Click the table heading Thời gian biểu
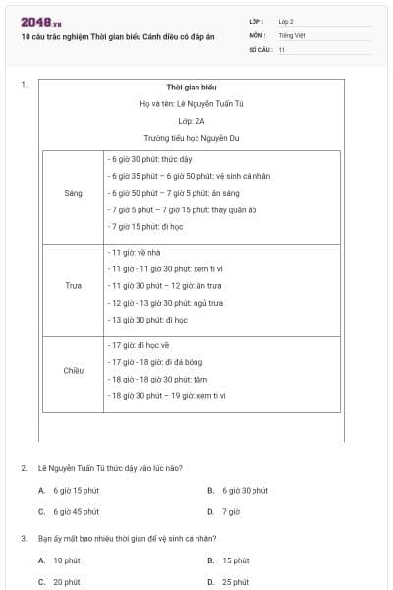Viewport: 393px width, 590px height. (192, 87)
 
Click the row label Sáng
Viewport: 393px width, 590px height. (74, 193)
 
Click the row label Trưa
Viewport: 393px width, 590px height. (74, 286)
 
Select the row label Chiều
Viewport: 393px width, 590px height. (74, 370)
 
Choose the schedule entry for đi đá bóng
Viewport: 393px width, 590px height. (152, 362)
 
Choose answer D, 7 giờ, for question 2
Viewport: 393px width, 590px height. (225, 511)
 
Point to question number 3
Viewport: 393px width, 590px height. (24, 538)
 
